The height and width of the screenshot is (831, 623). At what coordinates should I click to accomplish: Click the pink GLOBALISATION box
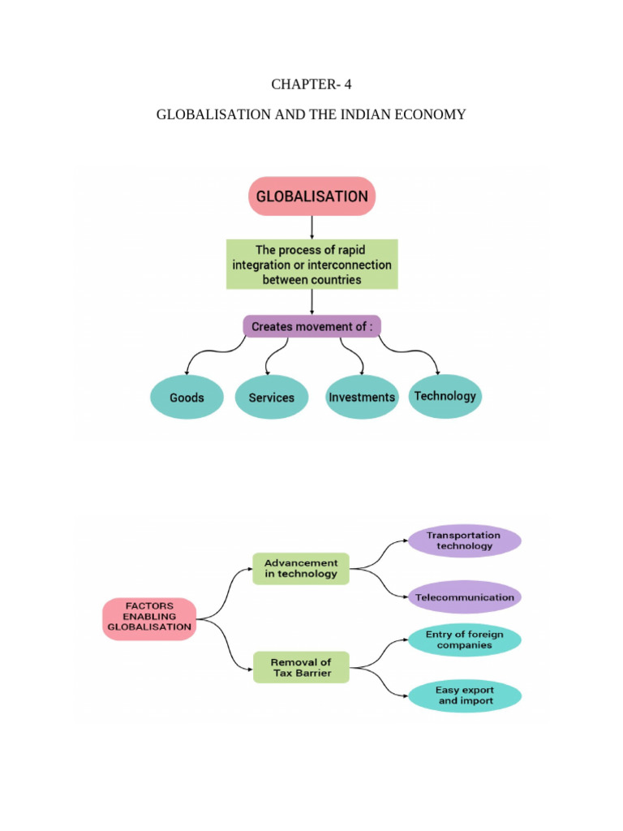pos(311,196)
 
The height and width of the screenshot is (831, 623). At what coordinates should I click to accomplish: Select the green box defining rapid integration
pos(311,265)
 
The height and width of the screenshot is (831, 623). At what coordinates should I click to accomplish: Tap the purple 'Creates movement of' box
pos(311,326)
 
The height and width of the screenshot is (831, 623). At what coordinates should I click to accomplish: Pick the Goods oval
pos(187,398)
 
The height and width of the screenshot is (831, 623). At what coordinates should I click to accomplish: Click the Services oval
pos(272,398)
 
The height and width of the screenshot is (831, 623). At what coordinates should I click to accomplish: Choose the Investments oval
pos(362,398)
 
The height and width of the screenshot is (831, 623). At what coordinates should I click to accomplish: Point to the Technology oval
pos(445,396)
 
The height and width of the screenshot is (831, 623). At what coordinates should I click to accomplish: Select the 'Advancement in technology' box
pos(301,568)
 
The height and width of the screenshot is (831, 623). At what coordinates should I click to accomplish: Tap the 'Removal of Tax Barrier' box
pos(301,667)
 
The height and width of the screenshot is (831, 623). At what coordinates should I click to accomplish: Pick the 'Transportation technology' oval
pos(464,541)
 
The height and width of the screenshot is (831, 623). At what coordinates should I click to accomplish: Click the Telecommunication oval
pos(464,596)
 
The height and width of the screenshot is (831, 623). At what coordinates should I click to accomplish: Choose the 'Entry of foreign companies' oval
pos(464,639)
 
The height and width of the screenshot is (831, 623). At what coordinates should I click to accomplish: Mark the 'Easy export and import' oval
pos(464,696)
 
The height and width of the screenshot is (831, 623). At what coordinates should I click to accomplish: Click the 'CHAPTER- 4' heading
pos(311,84)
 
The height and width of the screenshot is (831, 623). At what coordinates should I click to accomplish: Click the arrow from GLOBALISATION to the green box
pos(311,226)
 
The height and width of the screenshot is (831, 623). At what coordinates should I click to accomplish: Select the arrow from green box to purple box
pos(311,302)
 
